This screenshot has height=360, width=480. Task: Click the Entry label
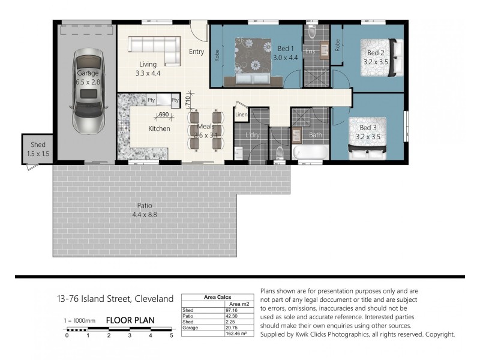(196, 52)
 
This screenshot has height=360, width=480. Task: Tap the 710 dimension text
(187, 100)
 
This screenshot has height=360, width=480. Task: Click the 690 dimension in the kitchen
(163, 114)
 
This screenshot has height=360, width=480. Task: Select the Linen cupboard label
(241, 114)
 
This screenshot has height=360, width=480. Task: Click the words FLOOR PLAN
(130, 320)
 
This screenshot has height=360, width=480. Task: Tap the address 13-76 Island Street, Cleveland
(115, 298)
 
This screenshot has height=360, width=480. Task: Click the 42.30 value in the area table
(230, 316)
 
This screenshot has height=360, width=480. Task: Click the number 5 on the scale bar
(172, 335)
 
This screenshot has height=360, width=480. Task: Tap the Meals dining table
(205, 131)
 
